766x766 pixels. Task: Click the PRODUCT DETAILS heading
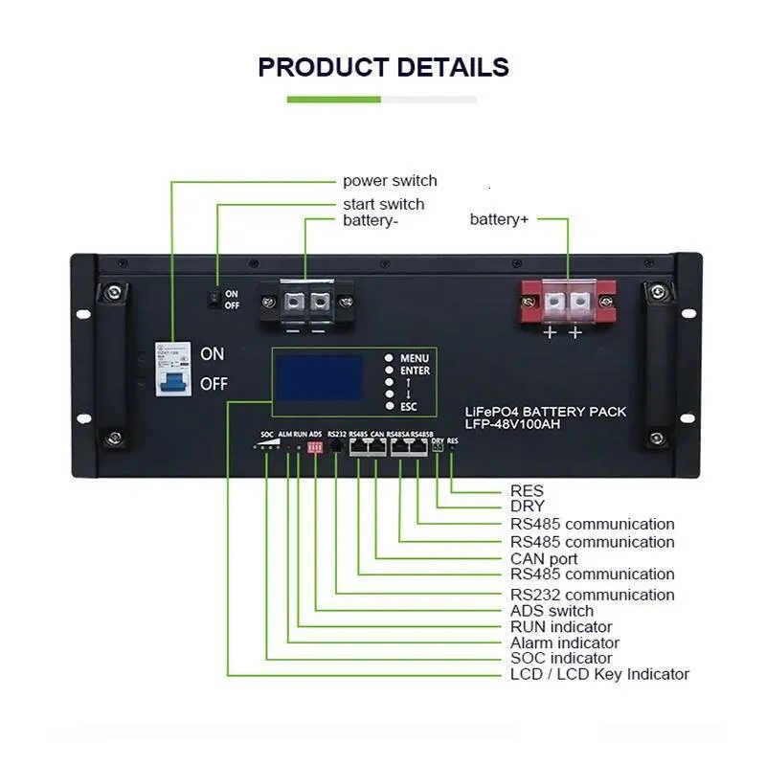pos(383,68)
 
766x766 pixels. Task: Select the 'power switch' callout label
pos(390,181)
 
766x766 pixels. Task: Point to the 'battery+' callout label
pos(499,219)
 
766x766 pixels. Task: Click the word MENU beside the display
pos(415,357)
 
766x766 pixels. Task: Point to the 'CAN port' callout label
pos(544,558)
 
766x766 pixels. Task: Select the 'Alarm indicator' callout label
pos(564,642)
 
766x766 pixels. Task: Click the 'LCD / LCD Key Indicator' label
pos(599,674)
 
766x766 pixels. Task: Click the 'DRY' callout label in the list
pos(527,507)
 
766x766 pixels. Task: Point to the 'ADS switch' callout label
pos(552,611)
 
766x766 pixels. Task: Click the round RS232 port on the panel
pos(336,446)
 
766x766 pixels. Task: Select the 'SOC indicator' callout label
pos(561,659)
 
